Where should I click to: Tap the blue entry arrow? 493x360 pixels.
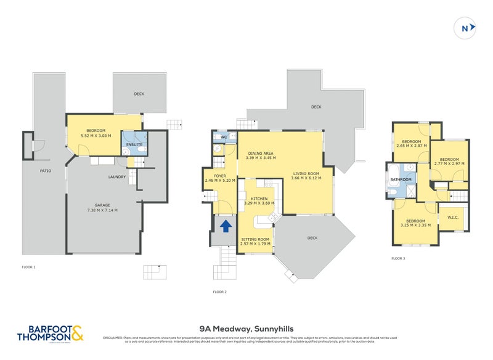pyautogui.click(x=226, y=226)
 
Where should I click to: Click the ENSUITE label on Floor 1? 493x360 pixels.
pyautogui.click(x=134, y=145)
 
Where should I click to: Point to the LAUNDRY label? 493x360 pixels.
pyautogui.click(x=118, y=177)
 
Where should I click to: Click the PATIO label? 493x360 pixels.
pyautogui.click(x=46, y=171)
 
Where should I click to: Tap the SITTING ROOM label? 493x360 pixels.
pyautogui.click(x=255, y=239)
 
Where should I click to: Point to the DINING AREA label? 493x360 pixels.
pyautogui.click(x=260, y=153)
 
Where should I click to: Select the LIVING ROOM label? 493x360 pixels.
pyautogui.click(x=306, y=174)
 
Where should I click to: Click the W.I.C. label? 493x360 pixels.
pyautogui.click(x=453, y=216)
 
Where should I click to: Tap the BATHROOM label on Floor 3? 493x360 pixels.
pyautogui.click(x=400, y=179)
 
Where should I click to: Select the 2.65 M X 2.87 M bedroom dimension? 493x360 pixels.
pyautogui.click(x=412, y=145)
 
